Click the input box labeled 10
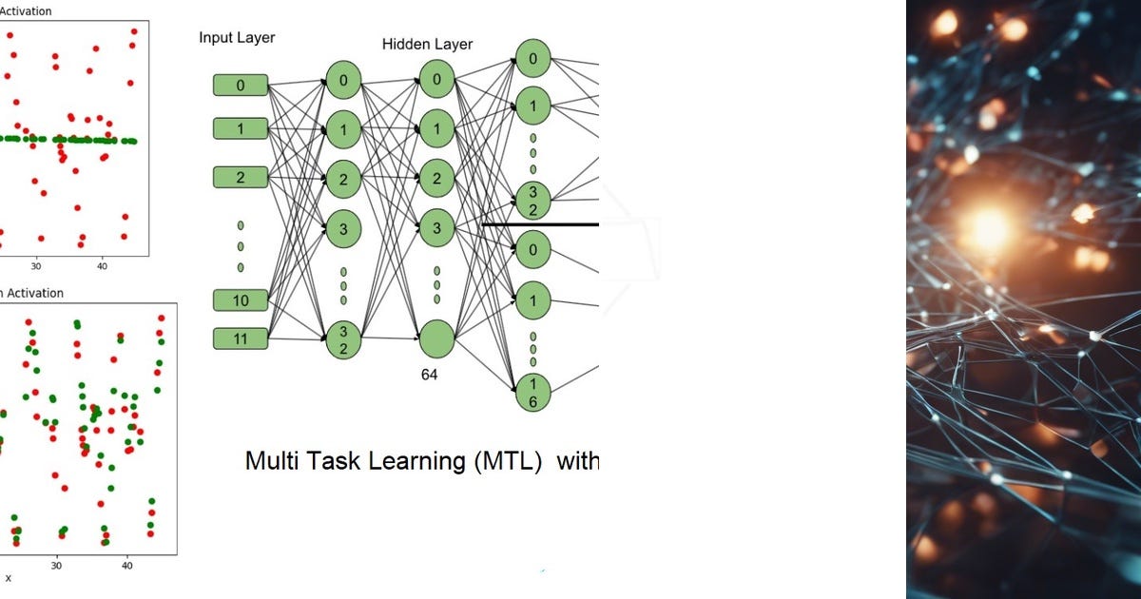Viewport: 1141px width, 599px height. pos(241,300)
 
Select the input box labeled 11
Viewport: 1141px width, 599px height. pos(241,338)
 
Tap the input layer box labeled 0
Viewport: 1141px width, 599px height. pos(241,86)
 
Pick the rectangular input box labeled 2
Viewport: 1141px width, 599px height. pos(241,177)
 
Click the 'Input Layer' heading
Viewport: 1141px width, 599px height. pos(237,38)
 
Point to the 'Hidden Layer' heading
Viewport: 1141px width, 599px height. pos(427,45)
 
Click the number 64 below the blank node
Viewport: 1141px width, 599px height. pos(430,375)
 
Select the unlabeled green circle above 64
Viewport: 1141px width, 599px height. pos(436,338)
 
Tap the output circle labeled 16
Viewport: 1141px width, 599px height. pos(532,392)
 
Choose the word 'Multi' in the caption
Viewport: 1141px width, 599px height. pos(270,462)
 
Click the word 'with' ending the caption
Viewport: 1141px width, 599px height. pos(577,462)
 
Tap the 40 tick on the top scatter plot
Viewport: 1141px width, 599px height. pos(102,267)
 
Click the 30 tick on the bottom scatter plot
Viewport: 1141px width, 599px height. pos(56,564)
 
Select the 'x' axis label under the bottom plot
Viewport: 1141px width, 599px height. pos(9,578)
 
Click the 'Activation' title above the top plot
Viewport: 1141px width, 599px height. pos(26,11)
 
